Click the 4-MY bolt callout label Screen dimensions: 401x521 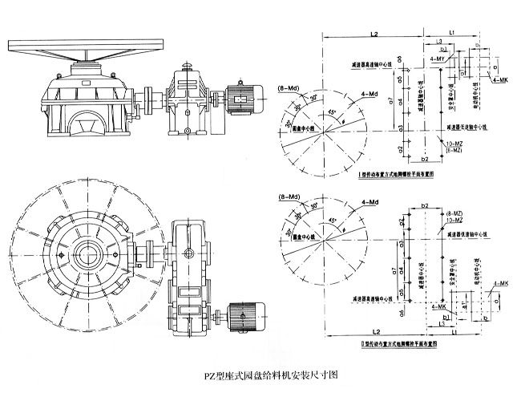point(438,61)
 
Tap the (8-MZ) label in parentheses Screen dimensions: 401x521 point(450,213)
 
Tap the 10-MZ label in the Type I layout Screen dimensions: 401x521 point(453,142)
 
